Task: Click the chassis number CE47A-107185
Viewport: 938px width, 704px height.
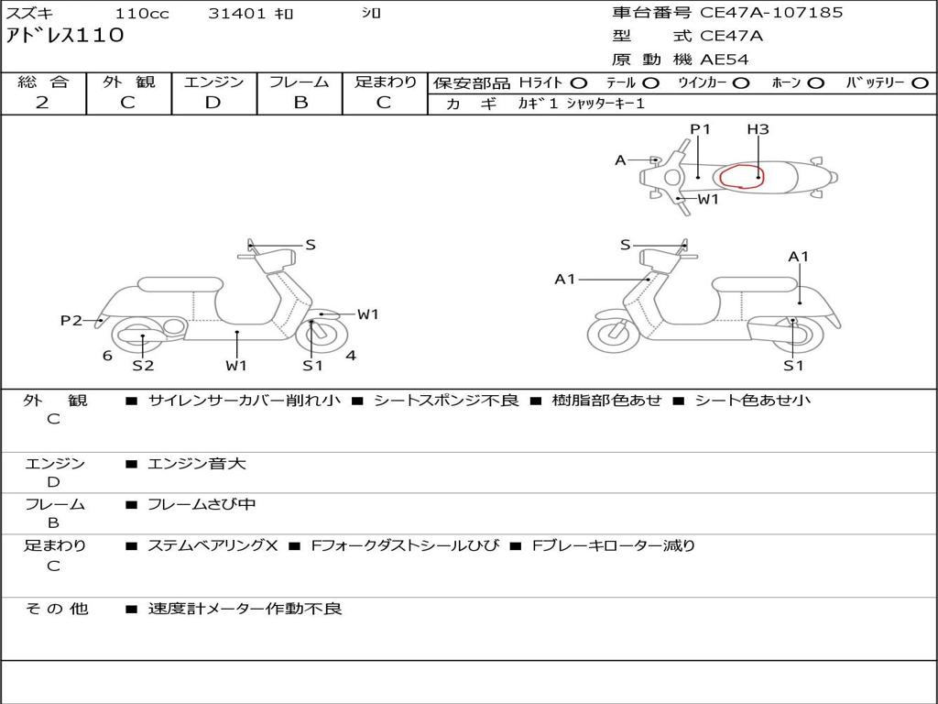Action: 771,13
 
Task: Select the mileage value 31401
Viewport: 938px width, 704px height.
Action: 237,14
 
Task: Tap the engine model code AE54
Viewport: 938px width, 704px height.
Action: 725,60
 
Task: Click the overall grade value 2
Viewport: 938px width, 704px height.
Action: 42,103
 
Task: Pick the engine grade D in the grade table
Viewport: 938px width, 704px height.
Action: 213,103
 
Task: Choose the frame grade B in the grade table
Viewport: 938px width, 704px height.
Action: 300,103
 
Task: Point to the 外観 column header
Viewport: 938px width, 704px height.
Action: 128,82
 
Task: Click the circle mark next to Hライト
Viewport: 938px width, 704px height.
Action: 580,82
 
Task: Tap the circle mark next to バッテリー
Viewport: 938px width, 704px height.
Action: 919,82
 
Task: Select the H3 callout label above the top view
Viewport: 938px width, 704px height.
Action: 757,129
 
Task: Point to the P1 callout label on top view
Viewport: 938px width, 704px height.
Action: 700,129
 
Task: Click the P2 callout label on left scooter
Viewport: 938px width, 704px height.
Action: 71,320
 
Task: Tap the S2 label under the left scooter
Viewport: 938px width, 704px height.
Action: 143,366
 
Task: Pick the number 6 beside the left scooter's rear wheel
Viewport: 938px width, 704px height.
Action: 107,356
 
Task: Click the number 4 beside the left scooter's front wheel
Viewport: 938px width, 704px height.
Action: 351,356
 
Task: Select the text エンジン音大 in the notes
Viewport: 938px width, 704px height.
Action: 197,464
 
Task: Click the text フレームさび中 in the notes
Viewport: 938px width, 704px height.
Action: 202,504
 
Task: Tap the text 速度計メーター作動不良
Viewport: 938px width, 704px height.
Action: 245,609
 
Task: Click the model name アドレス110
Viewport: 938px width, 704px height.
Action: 64,36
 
